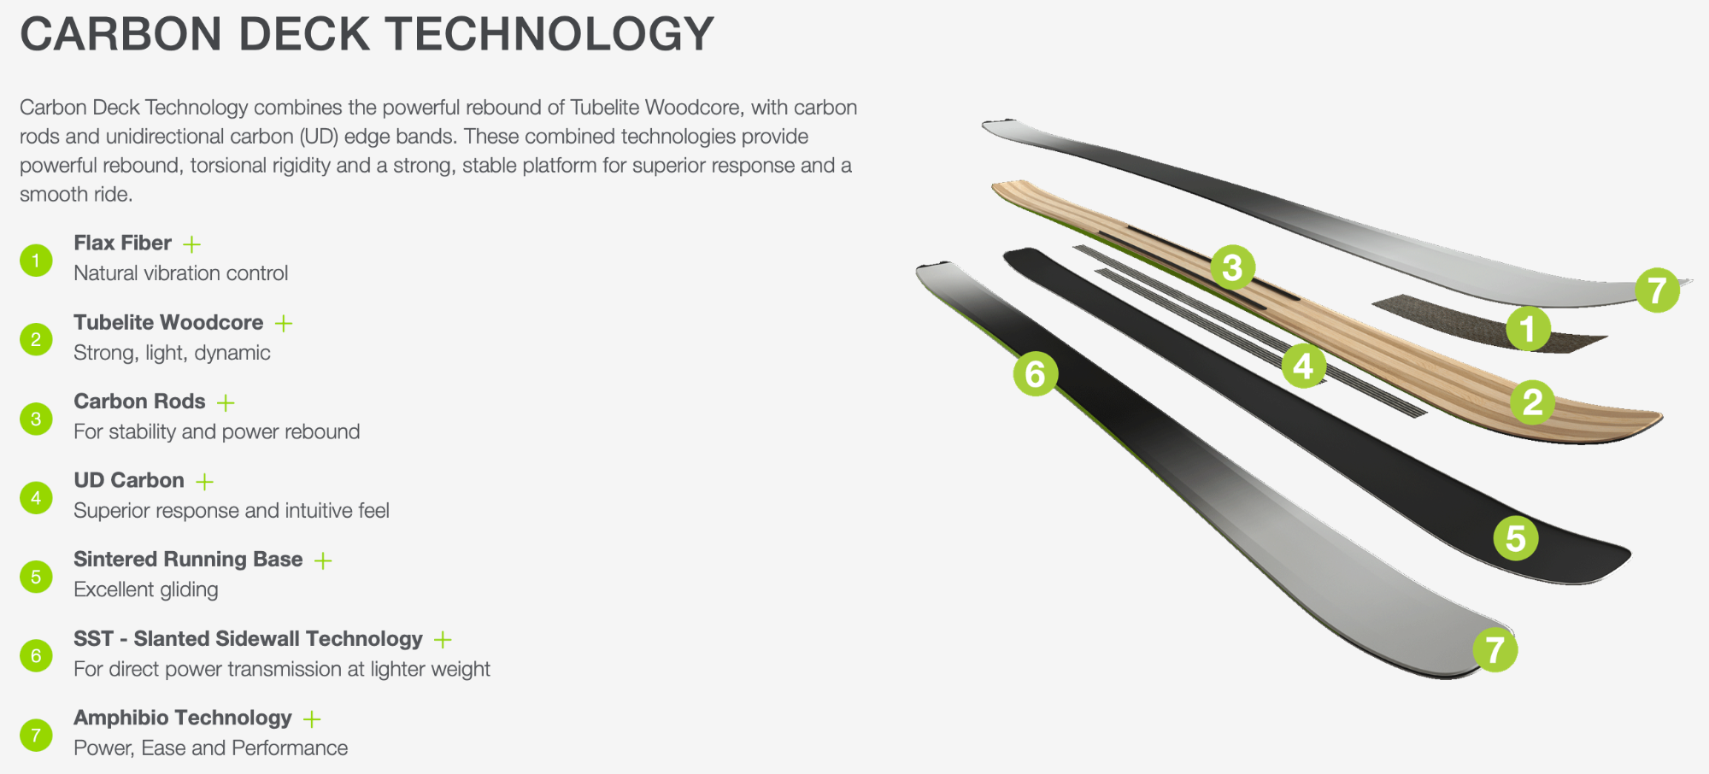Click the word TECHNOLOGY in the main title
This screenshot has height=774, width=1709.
coord(549,35)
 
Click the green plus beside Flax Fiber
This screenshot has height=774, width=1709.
coord(192,244)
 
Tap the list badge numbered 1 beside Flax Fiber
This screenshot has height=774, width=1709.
coord(36,261)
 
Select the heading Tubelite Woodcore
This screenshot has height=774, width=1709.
coord(168,322)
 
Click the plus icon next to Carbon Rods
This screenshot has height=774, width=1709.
coord(226,402)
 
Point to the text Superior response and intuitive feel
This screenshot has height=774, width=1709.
coord(232,511)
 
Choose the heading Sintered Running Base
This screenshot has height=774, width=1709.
coord(188,559)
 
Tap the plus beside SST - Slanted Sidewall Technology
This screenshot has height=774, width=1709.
coord(443,639)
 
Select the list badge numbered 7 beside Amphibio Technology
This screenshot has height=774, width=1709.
coord(36,735)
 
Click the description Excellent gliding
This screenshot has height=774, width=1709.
coord(146,589)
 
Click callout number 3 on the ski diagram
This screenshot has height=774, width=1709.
coord(1232,267)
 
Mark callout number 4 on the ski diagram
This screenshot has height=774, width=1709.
coord(1303,366)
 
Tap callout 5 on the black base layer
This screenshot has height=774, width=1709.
coord(1516,538)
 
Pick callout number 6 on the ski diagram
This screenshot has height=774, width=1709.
coord(1035,373)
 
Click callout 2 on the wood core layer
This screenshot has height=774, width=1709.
coord(1533,402)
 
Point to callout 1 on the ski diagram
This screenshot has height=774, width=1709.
coord(1528,328)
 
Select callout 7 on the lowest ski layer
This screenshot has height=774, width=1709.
coord(1495,649)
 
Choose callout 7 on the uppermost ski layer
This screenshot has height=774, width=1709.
coord(1657,290)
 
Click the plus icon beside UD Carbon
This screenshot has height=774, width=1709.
coord(204,482)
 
